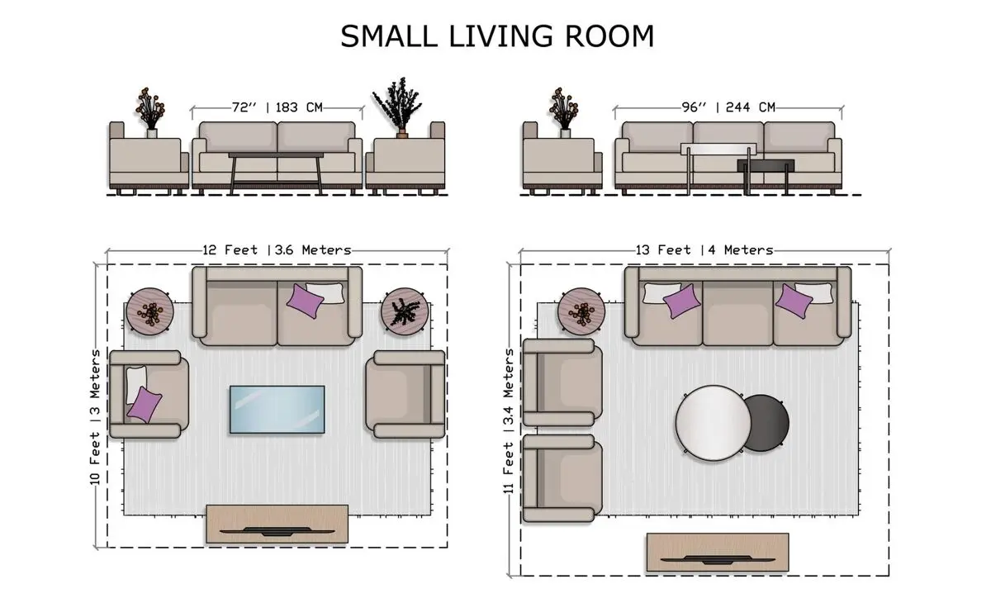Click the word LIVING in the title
[x=500, y=36]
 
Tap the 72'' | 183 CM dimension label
[x=277, y=107]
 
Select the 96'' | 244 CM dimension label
[x=728, y=107]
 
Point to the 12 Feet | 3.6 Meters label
[x=277, y=250]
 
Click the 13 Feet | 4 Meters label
[x=704, y=250]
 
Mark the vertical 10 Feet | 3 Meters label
[x=95, y=417]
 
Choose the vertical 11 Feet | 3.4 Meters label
[x=509, y=421]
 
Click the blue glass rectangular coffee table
[x=277, y=410]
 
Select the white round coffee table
[x=714, y=423]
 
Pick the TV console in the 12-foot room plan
[x=277, y=524]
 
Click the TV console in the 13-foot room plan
[x=718, y=553]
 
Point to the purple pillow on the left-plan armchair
[x=145, y=405]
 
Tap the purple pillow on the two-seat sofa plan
[x=305, y=301]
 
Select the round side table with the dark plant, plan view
[x=405, y=311]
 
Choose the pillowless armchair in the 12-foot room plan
[x=405, y=394]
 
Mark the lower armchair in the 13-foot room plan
[x=562, y=478]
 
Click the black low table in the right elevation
[x=766, y=165]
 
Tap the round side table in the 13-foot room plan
[x=581, y=311]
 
